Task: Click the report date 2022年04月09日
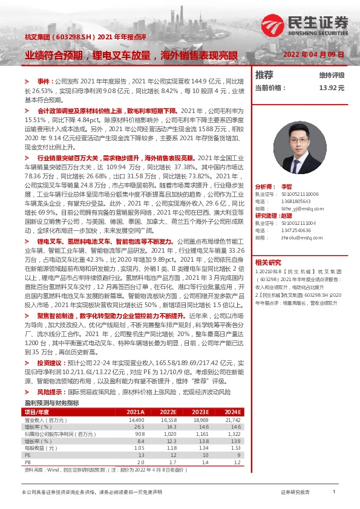click(x=313, y=54)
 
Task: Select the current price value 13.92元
click(x=332, y=88)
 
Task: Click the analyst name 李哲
click(x=287, y=187)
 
